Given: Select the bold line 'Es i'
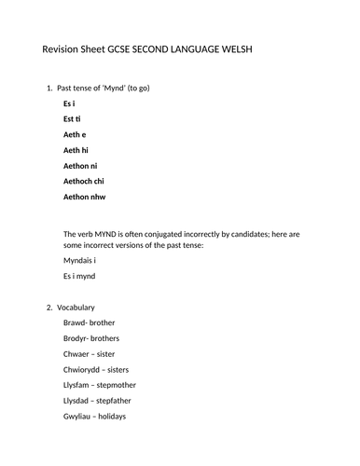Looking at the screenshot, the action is pos(70,104).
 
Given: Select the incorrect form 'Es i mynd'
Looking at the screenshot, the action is pos(79,276).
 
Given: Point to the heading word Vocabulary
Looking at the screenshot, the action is pos(76,307).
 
